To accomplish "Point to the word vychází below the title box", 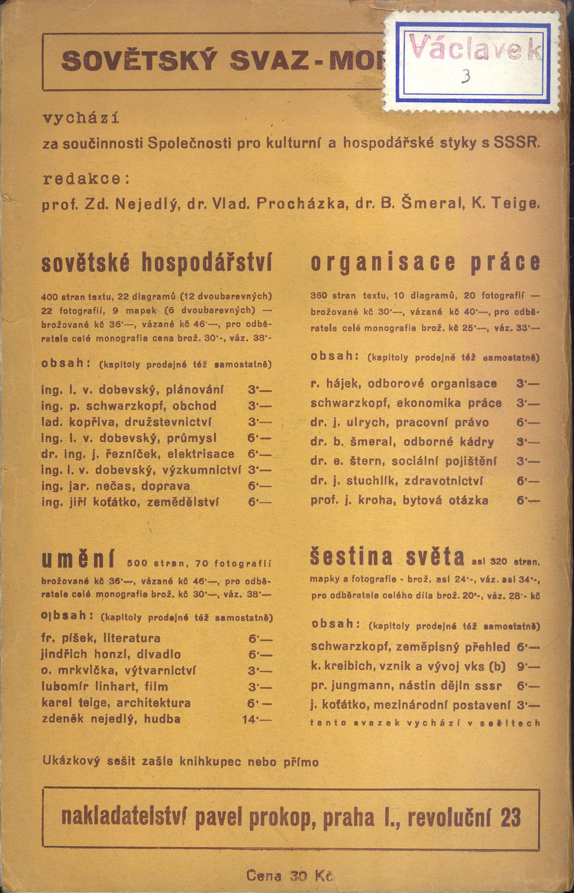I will [81, 119].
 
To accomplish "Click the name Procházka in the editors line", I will [301, 203].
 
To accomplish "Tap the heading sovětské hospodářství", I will [156, 263].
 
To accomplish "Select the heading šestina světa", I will [387, 557].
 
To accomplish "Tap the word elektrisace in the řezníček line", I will [201, 454].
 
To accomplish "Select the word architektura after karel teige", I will [154, 703].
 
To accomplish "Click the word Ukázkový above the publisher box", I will [71, 761].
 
